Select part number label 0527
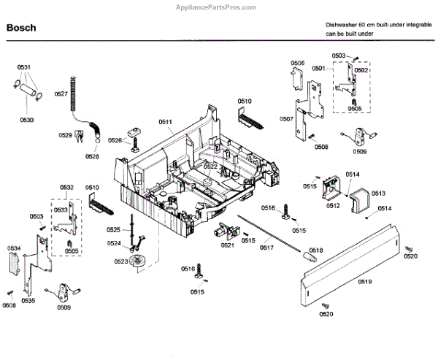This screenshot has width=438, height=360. click(x=61, y=93)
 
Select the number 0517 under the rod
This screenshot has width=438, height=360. click(x=266, y=247)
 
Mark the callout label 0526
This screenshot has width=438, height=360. click(x=115, y=140)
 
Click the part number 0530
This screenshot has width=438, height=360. click(x=26, y=119)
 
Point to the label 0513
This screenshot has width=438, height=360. click(x=378, y=194)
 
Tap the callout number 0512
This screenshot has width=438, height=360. click(x=333, y=206)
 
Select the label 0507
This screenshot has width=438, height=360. click(x=286, y=118)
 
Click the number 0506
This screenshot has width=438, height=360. click(x=297, y=64)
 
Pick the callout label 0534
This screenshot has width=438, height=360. click(x=14, y=249)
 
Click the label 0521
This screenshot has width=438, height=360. click(x=227, y=245)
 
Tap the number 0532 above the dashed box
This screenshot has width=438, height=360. click(x=66, y=188)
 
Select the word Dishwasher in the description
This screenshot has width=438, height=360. click(x=343, y=25)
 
